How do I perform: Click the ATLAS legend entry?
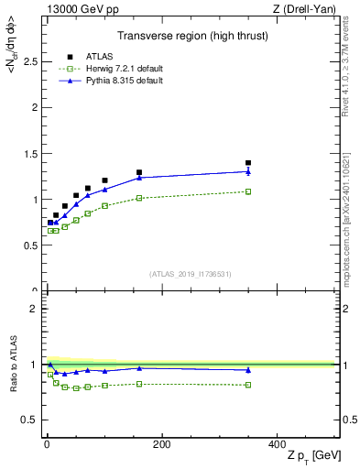95,55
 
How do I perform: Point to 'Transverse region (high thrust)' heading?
191,36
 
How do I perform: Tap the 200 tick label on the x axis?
161,445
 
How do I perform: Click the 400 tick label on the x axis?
277,445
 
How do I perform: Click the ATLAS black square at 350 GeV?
248,163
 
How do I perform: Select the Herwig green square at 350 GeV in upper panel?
248,191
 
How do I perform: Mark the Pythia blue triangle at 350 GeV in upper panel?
248,171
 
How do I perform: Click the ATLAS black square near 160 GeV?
139,172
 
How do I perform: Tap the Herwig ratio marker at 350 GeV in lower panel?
248,385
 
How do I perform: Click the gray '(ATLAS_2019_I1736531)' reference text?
191,274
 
